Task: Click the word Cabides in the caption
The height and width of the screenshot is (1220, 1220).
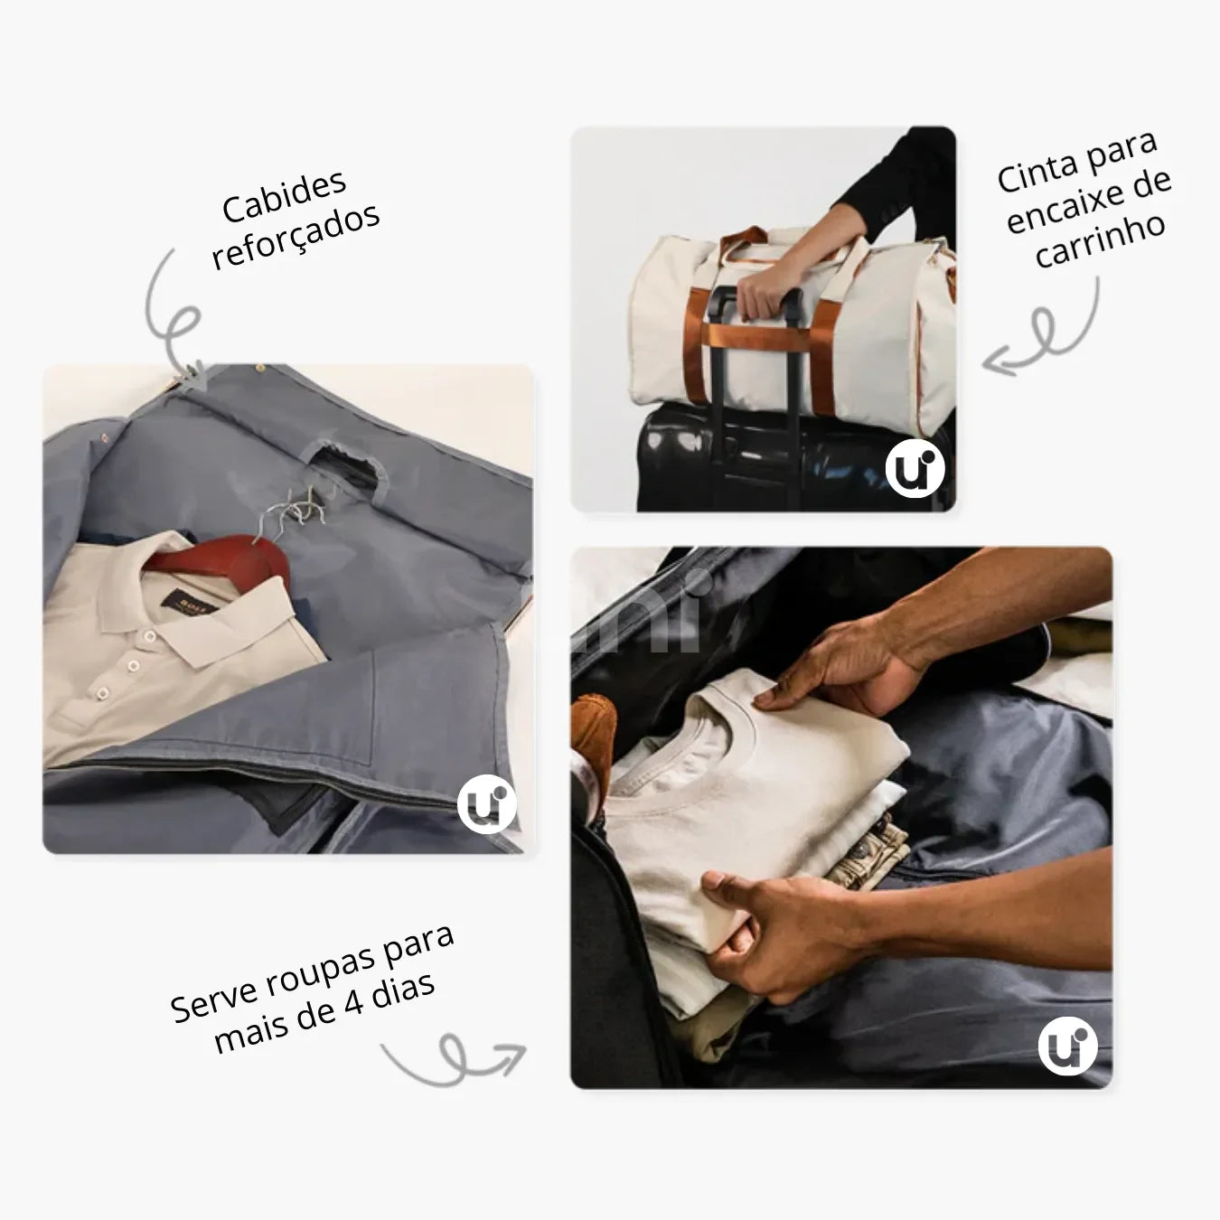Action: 284,195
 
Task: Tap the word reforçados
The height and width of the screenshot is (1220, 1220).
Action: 296,235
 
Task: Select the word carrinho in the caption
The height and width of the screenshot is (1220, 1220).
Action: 1100,240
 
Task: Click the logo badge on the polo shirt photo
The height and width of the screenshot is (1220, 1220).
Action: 486,804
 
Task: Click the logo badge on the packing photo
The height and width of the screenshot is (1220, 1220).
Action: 1067,1046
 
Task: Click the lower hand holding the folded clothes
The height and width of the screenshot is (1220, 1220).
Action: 768,931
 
